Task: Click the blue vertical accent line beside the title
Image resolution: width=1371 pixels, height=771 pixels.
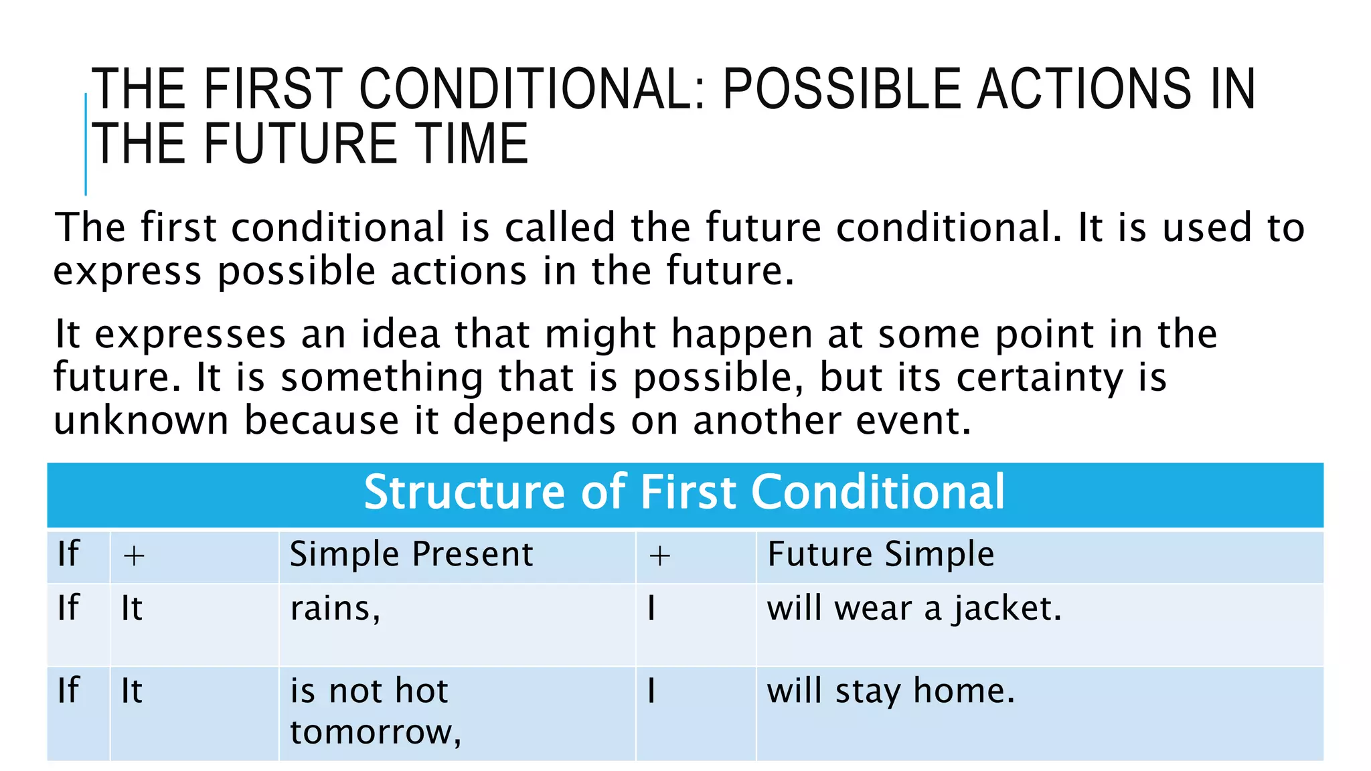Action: coord(86,144)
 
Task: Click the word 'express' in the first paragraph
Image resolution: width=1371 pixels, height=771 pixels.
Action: coord(127,272)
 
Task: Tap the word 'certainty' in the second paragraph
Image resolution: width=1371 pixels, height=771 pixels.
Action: coord(1040,377)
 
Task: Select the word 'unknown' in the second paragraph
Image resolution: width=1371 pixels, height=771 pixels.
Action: coord(141,421)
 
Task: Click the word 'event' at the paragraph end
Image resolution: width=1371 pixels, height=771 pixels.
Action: coord(912,421)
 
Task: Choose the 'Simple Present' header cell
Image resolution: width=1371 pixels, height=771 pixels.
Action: coord(411,555)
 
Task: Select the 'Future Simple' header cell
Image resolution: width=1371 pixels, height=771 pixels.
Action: coord(880,555)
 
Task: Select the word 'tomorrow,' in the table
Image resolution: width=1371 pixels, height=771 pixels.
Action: coord(376,732)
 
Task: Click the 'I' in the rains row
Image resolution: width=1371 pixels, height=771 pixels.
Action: coord(651,609)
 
